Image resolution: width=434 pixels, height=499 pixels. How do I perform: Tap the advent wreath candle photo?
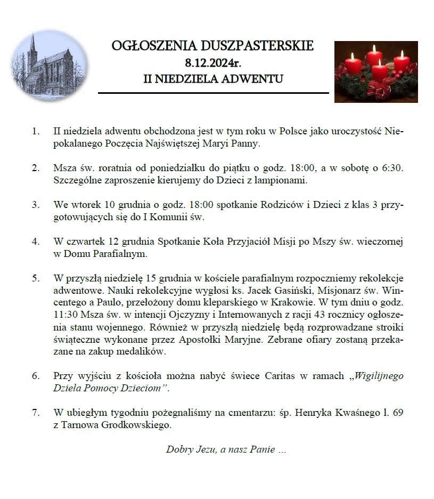[x=375, y=71]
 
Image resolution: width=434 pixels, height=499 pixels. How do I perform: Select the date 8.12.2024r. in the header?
[x=213, y=62]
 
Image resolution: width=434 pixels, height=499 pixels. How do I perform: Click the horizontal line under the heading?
[x=214, y=93]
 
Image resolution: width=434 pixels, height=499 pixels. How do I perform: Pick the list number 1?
[x=36, y=131]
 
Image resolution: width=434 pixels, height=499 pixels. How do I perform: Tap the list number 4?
[x=36, y=242]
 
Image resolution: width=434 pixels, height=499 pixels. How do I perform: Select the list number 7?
[x=36, y=413]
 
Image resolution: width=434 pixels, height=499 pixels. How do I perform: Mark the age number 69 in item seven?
[x=398, y=413]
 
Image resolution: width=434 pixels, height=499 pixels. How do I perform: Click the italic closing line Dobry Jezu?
[x=226, y=449]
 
